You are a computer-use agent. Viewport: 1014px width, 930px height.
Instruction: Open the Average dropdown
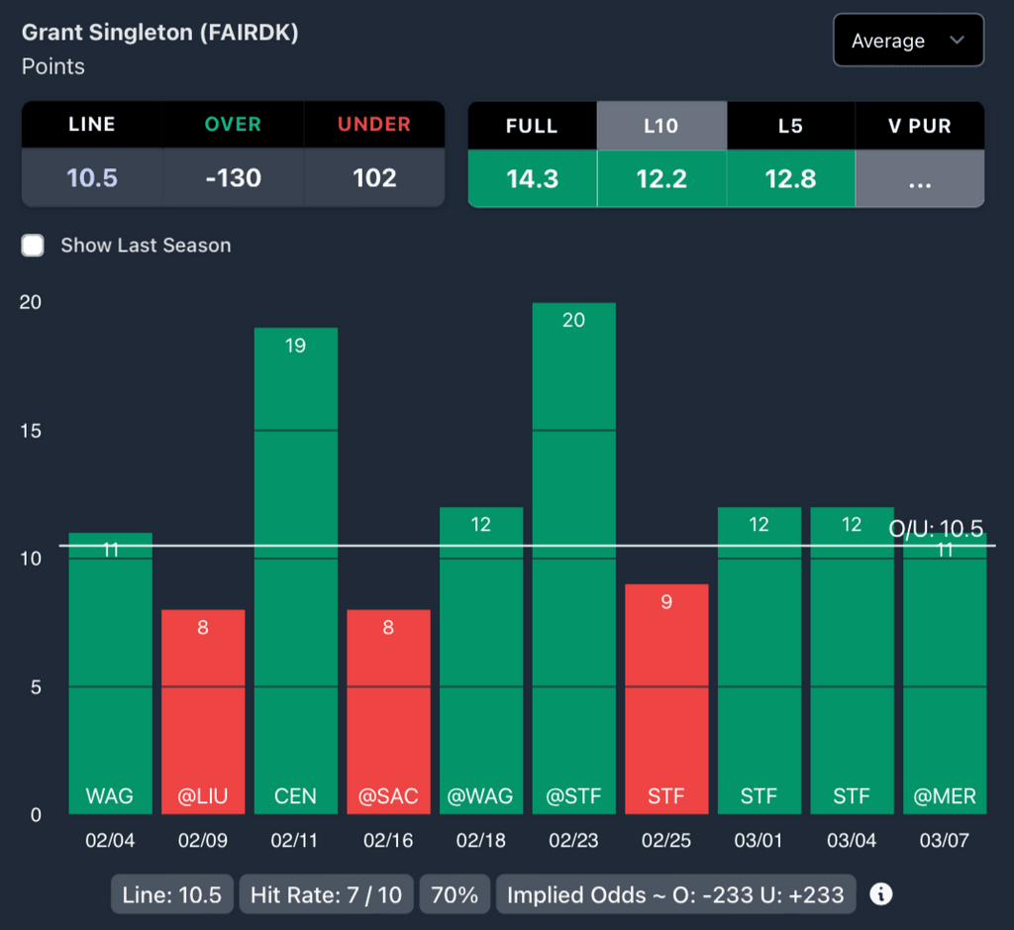(x=908, y=41)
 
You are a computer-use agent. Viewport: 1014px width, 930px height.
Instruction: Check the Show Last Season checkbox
(x=34, y=246)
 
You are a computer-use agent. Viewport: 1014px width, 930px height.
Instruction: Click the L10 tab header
(x=661, y=126)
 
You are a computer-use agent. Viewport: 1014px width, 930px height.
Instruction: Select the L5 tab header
(x=790, y=126)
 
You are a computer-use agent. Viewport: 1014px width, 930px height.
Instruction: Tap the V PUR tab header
(x=920, y=126)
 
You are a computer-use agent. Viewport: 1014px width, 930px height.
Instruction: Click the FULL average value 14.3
(x=532, y=178)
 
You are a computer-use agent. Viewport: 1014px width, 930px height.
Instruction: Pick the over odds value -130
(x=233, y=178)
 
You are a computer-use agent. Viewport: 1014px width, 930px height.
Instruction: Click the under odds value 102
(x=374, y=178)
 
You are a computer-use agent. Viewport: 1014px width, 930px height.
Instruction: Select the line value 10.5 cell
(x=92, y=178)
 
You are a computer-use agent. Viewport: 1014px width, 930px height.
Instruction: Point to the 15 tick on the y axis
(x=31, y=431)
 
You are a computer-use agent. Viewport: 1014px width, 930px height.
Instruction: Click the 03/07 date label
(x=945, y=841)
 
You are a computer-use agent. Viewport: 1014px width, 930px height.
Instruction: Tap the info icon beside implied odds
(x=880, y=895)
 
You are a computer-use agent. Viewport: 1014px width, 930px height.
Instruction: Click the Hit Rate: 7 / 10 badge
(x=326, y=895)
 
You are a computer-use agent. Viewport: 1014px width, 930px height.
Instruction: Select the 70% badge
(x=455, y=895)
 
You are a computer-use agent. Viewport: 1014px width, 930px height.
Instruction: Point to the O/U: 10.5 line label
(x=936, y=529)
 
